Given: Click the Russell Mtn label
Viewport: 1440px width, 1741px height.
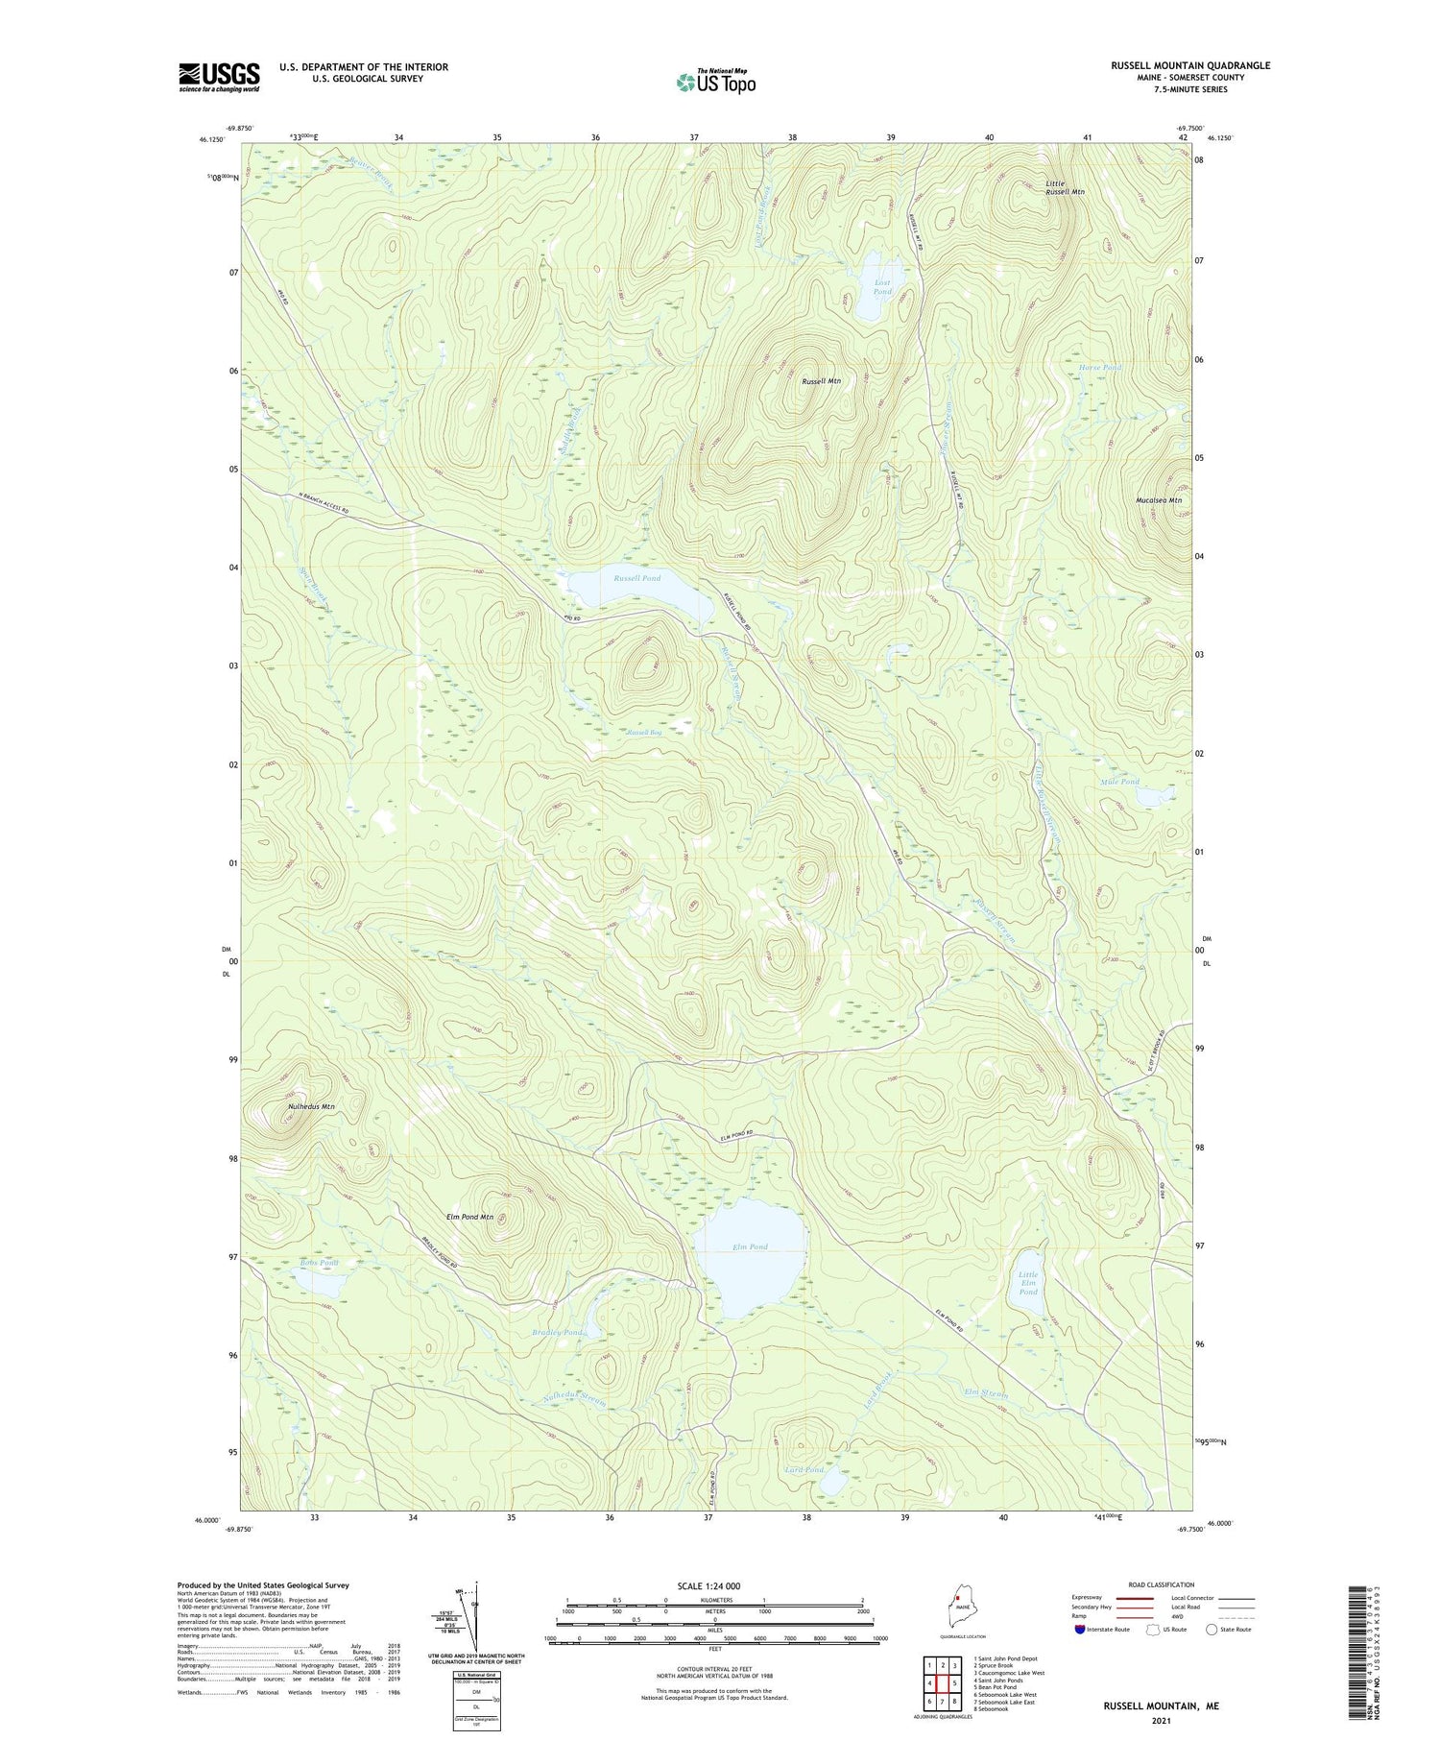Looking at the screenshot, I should tap(821, 381).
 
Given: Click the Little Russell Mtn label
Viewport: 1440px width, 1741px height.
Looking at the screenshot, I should tap(1065, 187).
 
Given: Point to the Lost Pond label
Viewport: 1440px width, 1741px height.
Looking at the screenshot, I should tap(882, 286).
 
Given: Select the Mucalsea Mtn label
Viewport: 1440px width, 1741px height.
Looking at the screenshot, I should tap(1159, 500).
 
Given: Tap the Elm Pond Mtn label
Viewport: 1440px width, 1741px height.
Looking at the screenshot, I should tap(469, 1217).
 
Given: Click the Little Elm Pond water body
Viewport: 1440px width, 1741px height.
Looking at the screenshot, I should tap(1028, 1283).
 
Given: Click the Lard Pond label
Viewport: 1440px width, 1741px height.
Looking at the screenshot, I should tap(804, 1470).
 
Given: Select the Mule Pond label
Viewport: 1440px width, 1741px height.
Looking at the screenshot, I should tap(1119, 782).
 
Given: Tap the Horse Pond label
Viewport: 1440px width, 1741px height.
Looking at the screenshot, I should tap(1099, 368).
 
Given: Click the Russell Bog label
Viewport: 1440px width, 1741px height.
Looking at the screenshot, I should tap(644, 733).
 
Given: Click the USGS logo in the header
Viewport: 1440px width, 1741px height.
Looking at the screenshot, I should tap(219, 77).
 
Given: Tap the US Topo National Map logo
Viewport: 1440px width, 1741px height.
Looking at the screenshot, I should tap(715, 82).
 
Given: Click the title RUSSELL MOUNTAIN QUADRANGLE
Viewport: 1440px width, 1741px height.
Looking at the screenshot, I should tap(1190, 65).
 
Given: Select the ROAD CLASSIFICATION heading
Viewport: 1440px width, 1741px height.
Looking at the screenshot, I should tap(1162, 1584).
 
